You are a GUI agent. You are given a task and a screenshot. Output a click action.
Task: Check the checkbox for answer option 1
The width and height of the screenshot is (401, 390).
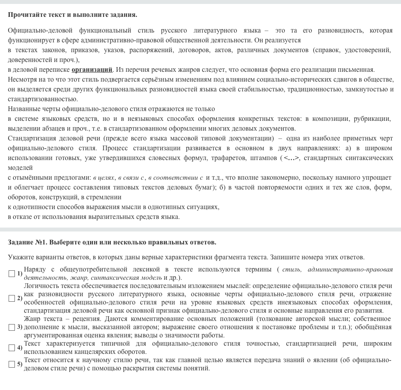click(12, 273)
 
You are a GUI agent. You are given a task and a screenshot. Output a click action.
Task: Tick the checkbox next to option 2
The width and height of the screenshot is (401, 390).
click(12, 298)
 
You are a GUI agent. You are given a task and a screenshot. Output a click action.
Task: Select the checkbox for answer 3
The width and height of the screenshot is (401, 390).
click(12, 327)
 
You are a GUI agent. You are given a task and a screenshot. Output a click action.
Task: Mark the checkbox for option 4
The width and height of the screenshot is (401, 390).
click(12, 348)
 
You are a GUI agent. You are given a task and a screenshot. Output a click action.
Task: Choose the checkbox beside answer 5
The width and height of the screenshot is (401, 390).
click(12, 364)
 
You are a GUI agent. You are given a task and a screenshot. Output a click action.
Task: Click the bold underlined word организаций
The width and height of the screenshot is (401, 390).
click(92, 70)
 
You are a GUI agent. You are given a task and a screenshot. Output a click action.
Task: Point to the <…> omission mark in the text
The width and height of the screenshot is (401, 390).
click(292, 158)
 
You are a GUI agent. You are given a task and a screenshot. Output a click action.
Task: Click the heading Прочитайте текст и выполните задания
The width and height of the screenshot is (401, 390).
click(72, 15)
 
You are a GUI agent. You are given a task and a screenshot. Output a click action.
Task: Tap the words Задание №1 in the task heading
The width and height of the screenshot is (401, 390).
click(27, 242)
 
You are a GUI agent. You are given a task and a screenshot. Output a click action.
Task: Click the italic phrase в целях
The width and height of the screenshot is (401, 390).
click(103, 178)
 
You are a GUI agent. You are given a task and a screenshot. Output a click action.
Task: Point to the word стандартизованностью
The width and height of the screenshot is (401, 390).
click(43, 99)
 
